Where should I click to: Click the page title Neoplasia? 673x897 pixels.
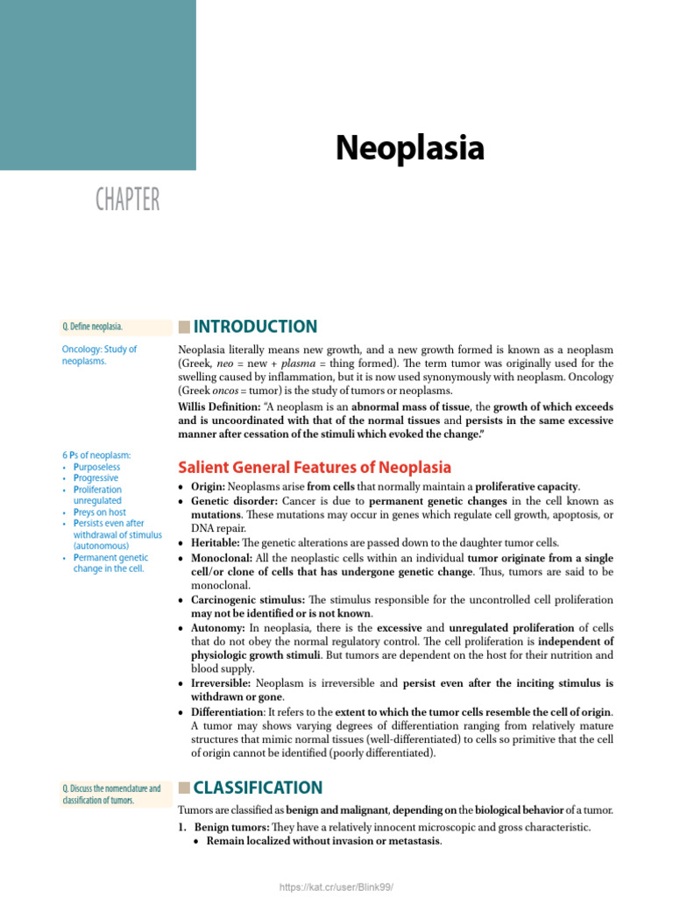pos(409,148)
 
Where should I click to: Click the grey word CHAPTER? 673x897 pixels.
pos(128,200)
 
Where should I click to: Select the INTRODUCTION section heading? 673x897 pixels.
pos(255,327)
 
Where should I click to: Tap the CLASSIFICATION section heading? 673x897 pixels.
pos(258,788)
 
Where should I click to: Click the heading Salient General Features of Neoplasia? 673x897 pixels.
pos(315,467)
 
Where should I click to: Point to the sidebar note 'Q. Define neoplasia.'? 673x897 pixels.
pos(93,327)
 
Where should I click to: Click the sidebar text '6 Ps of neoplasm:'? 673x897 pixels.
pos(96,455)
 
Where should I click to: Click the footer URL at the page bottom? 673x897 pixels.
pos(336,887)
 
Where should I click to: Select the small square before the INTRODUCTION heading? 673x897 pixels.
pos(183,328)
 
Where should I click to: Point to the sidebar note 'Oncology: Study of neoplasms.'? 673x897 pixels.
pos(99,355)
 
